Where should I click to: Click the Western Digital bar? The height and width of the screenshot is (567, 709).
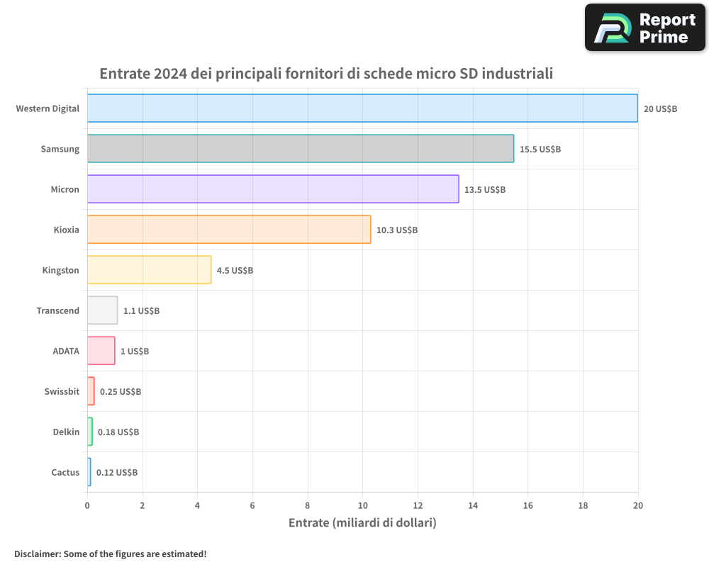362,108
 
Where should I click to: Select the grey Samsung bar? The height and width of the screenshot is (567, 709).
301,149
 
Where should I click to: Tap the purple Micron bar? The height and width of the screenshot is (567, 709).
273,189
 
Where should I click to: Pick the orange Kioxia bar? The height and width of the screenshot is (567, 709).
229,230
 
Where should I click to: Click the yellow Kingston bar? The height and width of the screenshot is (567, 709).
149,270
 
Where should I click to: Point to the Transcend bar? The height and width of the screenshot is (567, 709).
102,310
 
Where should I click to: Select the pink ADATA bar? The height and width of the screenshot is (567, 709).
101,351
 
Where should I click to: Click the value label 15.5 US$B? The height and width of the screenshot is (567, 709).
540,150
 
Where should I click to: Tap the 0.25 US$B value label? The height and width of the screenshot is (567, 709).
121,392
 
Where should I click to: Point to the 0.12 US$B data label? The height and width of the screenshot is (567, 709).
117,473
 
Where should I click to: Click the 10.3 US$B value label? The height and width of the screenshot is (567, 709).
397,230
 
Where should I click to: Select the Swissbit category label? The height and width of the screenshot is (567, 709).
62,391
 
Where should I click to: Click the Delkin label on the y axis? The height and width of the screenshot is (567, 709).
66,432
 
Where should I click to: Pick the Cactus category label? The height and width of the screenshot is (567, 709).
65,472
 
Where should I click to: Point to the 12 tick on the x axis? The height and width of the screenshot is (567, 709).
418,505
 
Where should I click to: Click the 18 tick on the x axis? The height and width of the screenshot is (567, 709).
583,505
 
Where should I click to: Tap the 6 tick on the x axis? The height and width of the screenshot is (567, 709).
252,505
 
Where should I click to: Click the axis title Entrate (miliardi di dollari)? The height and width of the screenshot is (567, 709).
362,523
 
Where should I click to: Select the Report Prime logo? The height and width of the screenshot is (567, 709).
644,28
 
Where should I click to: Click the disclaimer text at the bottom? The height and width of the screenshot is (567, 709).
110,554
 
